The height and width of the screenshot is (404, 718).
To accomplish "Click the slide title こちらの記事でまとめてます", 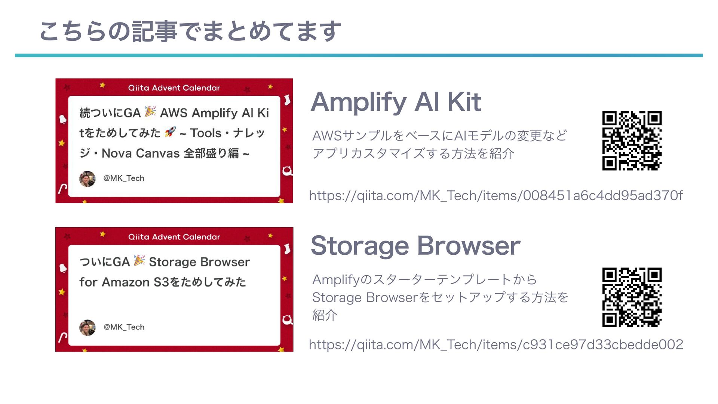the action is (190, 31).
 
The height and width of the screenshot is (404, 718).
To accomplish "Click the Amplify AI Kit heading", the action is (396, 102).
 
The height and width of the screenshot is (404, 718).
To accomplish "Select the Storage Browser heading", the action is (415, 246).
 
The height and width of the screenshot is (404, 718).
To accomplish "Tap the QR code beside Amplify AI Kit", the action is (632, 141).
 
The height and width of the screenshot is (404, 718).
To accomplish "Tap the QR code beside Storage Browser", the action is (632, 297).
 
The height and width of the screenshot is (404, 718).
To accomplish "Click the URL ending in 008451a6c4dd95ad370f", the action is (495, 196).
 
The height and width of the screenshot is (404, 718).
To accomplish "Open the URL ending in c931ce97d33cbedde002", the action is (495, 345).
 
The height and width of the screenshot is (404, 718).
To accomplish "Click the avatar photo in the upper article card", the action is (87, 179).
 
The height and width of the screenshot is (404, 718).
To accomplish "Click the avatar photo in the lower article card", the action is (87, 328).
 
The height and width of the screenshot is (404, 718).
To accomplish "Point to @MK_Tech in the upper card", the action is (124, 178).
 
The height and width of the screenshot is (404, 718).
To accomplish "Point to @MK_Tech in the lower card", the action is (124, 327).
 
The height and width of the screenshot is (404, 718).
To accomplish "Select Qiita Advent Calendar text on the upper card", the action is (174, 88).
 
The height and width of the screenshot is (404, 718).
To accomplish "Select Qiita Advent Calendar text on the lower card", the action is (174, 237).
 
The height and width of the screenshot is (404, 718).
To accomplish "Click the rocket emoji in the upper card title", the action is (170, 132).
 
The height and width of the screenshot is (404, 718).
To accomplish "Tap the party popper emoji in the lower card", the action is (139, 261).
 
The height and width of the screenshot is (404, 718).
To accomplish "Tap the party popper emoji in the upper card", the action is (150, 111).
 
